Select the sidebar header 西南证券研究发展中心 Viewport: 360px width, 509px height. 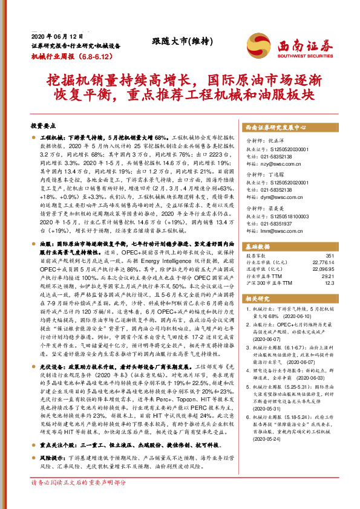(275, 129)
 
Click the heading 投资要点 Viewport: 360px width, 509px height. (43, 126)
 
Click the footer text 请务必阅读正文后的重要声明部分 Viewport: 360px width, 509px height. (78, 499)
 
